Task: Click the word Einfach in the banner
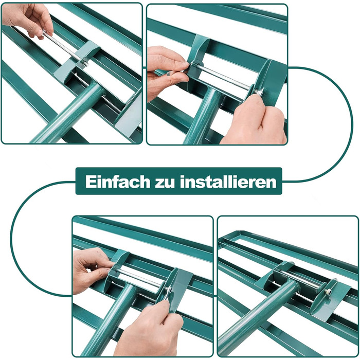118,182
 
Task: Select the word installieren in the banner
228,182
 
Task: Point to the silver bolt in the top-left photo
65,48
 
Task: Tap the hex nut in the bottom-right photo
328,292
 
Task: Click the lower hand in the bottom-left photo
149,331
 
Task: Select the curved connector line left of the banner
11,238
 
